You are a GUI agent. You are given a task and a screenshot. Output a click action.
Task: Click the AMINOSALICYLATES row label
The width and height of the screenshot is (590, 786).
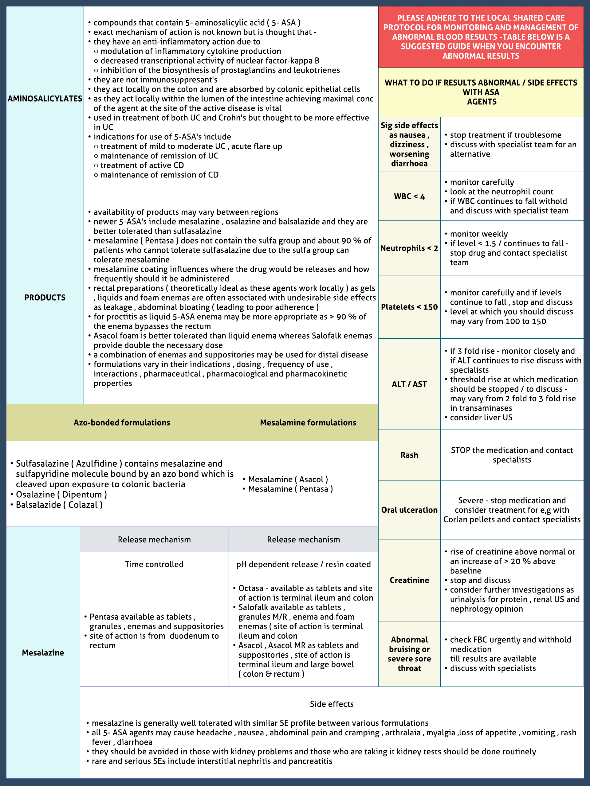[x=45, y=99]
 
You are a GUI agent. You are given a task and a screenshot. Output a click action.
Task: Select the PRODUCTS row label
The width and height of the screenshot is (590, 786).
[x=45, y=298]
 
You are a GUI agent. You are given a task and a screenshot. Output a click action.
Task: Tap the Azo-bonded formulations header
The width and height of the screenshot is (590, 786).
[x=122, y=422]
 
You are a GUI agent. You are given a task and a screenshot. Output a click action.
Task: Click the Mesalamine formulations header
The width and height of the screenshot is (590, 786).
[x=308, y=422]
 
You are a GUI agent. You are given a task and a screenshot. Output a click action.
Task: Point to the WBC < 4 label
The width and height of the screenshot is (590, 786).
[x=409, y=196]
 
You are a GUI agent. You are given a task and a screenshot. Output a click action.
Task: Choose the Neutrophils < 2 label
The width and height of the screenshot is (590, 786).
[x=409, y=248]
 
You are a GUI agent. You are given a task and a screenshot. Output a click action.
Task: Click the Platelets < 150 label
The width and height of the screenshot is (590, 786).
[x=409, y=307]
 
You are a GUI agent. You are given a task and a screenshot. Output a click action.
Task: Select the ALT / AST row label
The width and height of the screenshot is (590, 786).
[x=409, y=384]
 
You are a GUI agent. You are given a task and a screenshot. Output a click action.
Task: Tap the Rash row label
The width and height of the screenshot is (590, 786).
[x=409, y=455]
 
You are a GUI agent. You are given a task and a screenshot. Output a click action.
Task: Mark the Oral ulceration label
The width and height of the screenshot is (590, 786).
[x=409, y=510]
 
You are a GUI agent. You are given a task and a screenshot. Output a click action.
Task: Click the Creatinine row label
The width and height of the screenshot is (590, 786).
[x=409, y=580]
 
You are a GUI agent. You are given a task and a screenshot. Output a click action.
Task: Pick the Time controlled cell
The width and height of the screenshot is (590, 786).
[x=154, y=564]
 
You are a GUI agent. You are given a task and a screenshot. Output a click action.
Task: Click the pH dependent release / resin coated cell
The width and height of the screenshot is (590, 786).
[x=303, y=564]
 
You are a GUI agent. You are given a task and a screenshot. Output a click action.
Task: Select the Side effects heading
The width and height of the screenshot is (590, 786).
[x=332, y=704]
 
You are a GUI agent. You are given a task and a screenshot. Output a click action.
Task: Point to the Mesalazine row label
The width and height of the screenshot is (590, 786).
[x=43, y=653]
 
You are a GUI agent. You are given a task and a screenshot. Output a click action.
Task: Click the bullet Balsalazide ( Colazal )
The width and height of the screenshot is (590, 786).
[x=59, y=505]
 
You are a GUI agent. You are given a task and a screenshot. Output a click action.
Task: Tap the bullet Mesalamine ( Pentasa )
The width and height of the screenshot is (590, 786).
[x=290, y=489]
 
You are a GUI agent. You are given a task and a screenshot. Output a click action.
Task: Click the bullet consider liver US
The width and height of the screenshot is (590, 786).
[x=481, y=418]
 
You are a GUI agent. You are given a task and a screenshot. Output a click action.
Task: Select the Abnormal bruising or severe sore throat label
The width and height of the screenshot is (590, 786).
[x=409, y=654]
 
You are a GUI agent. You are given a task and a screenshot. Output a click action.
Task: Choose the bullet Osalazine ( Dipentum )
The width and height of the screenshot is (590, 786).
[x=61, y=495]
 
